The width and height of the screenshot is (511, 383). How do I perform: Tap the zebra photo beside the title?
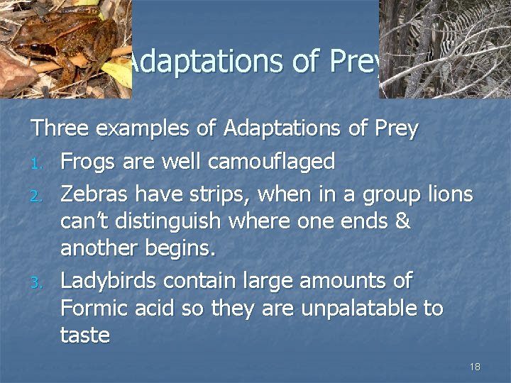pyautogui.click(x=444, y=48)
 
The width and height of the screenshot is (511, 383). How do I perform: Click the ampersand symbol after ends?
pyautogui.click(x=402, y=222)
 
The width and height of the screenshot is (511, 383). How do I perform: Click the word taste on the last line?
pyautogui.click(x=85, y=335)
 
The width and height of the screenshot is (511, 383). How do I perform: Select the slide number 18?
pyautogui.click(x=475, y=366)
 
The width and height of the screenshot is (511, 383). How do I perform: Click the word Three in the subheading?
pyautogui.click(x=59, y=130)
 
